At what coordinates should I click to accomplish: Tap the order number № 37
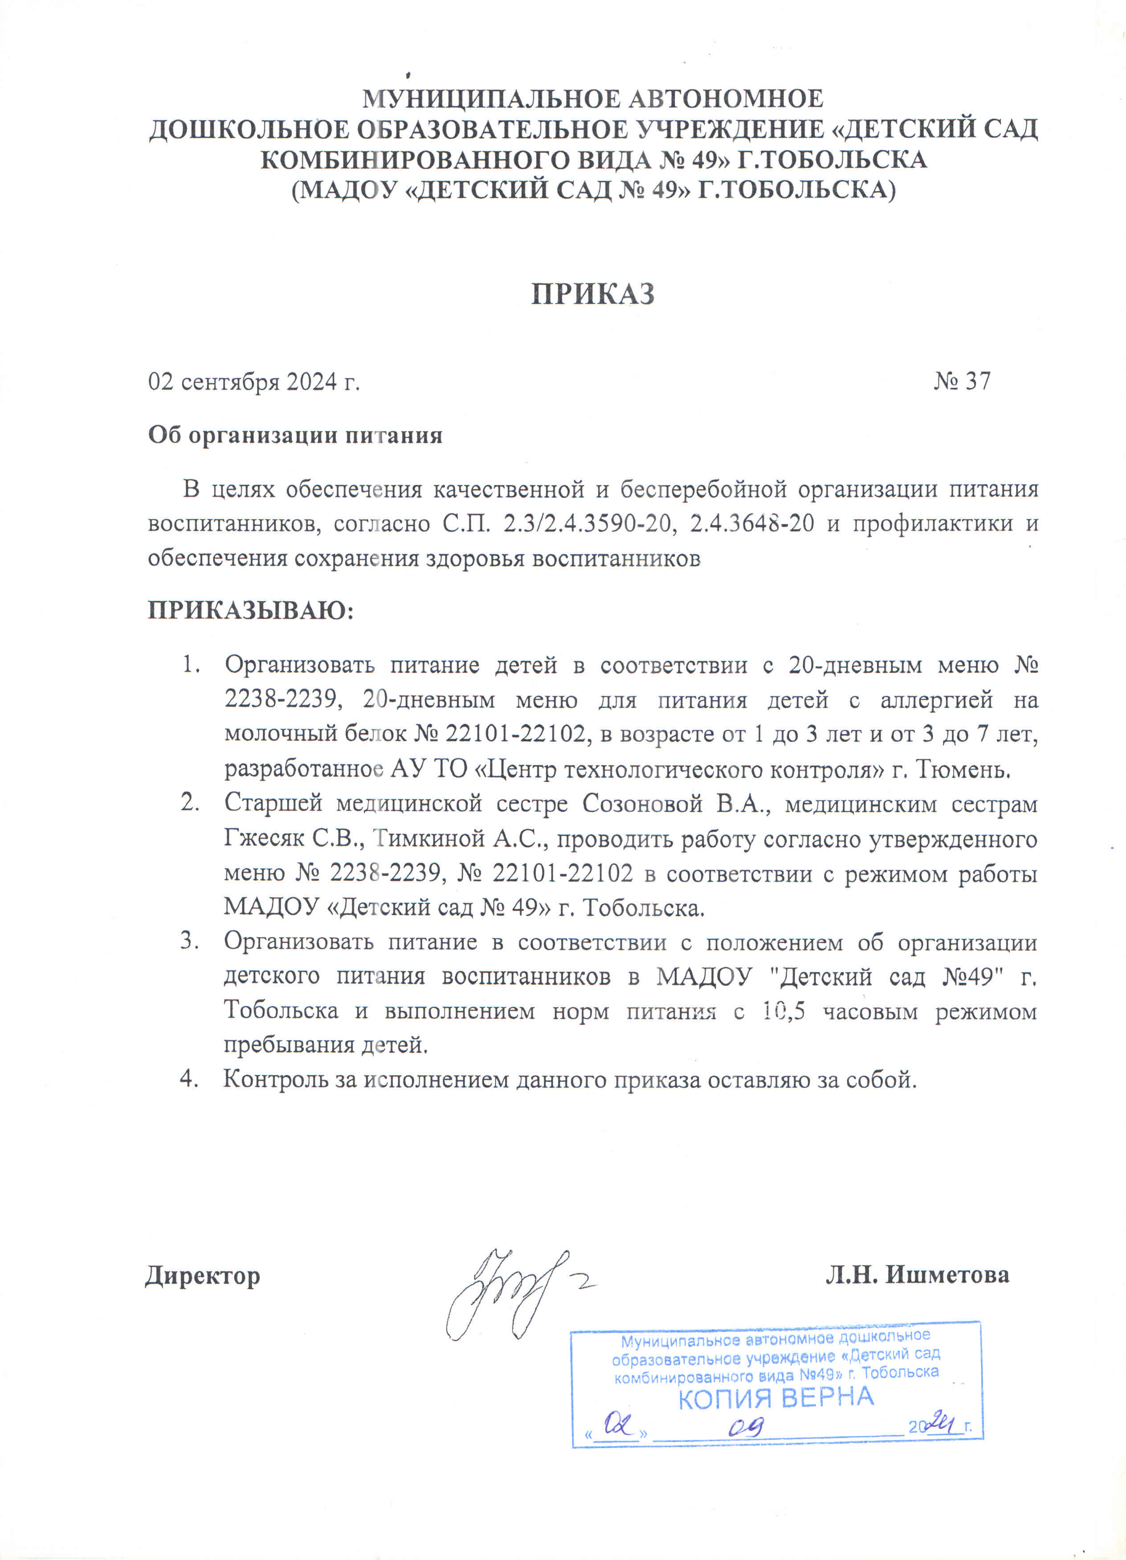[x=962, y=381]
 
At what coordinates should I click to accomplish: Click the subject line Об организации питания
[x=295, y=435]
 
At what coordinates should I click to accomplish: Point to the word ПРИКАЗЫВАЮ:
[x=250, y=610]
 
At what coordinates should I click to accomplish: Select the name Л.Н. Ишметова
[x=918, y=1275]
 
